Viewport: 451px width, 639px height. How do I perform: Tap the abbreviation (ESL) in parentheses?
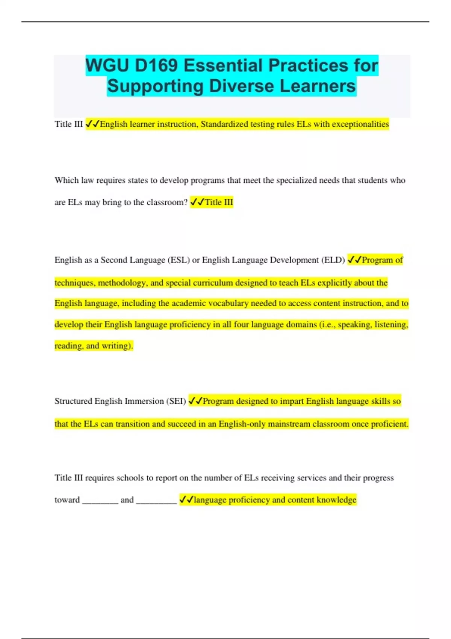pyautogui.click(x=179, y=260)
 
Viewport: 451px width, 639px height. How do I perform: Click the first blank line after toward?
pyautogui.click(x=100, y=501)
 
